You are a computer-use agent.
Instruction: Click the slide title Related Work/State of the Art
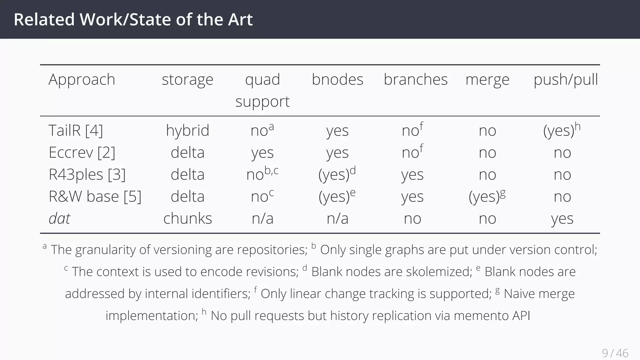pos(133,19)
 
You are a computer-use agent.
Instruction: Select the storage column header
pos(187,79)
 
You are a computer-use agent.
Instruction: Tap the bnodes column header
pos(337,79)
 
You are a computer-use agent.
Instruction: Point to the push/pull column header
pos(566,79)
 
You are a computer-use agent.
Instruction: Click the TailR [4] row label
pos(76,130)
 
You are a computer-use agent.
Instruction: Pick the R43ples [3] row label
pos(87,174)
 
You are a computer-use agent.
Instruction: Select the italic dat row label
pos(59,218)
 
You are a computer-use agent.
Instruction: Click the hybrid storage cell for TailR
pos(187,130)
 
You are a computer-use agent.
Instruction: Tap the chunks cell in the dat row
pos(187,218)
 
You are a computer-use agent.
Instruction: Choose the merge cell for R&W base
pos(487,197)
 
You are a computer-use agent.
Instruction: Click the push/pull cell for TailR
pos(562,130)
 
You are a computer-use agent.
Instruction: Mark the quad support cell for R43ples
pos(262,174)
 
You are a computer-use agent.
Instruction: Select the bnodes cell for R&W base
pos(337,197)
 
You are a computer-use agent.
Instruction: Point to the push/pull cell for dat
pos(562,218)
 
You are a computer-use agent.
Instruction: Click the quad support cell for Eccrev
pos(262,152)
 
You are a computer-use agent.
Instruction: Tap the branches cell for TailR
pos(412,130)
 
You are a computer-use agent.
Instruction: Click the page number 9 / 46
pos(615,353)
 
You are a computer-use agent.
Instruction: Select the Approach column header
pos(82,79)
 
